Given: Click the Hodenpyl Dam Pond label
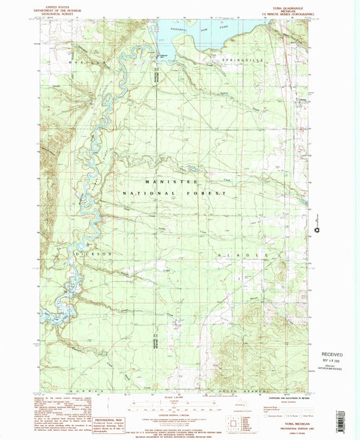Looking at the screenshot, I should tap(195, 29).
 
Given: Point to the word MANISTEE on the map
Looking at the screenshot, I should tap(178, 182).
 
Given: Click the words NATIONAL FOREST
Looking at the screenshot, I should tap(178, 193).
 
